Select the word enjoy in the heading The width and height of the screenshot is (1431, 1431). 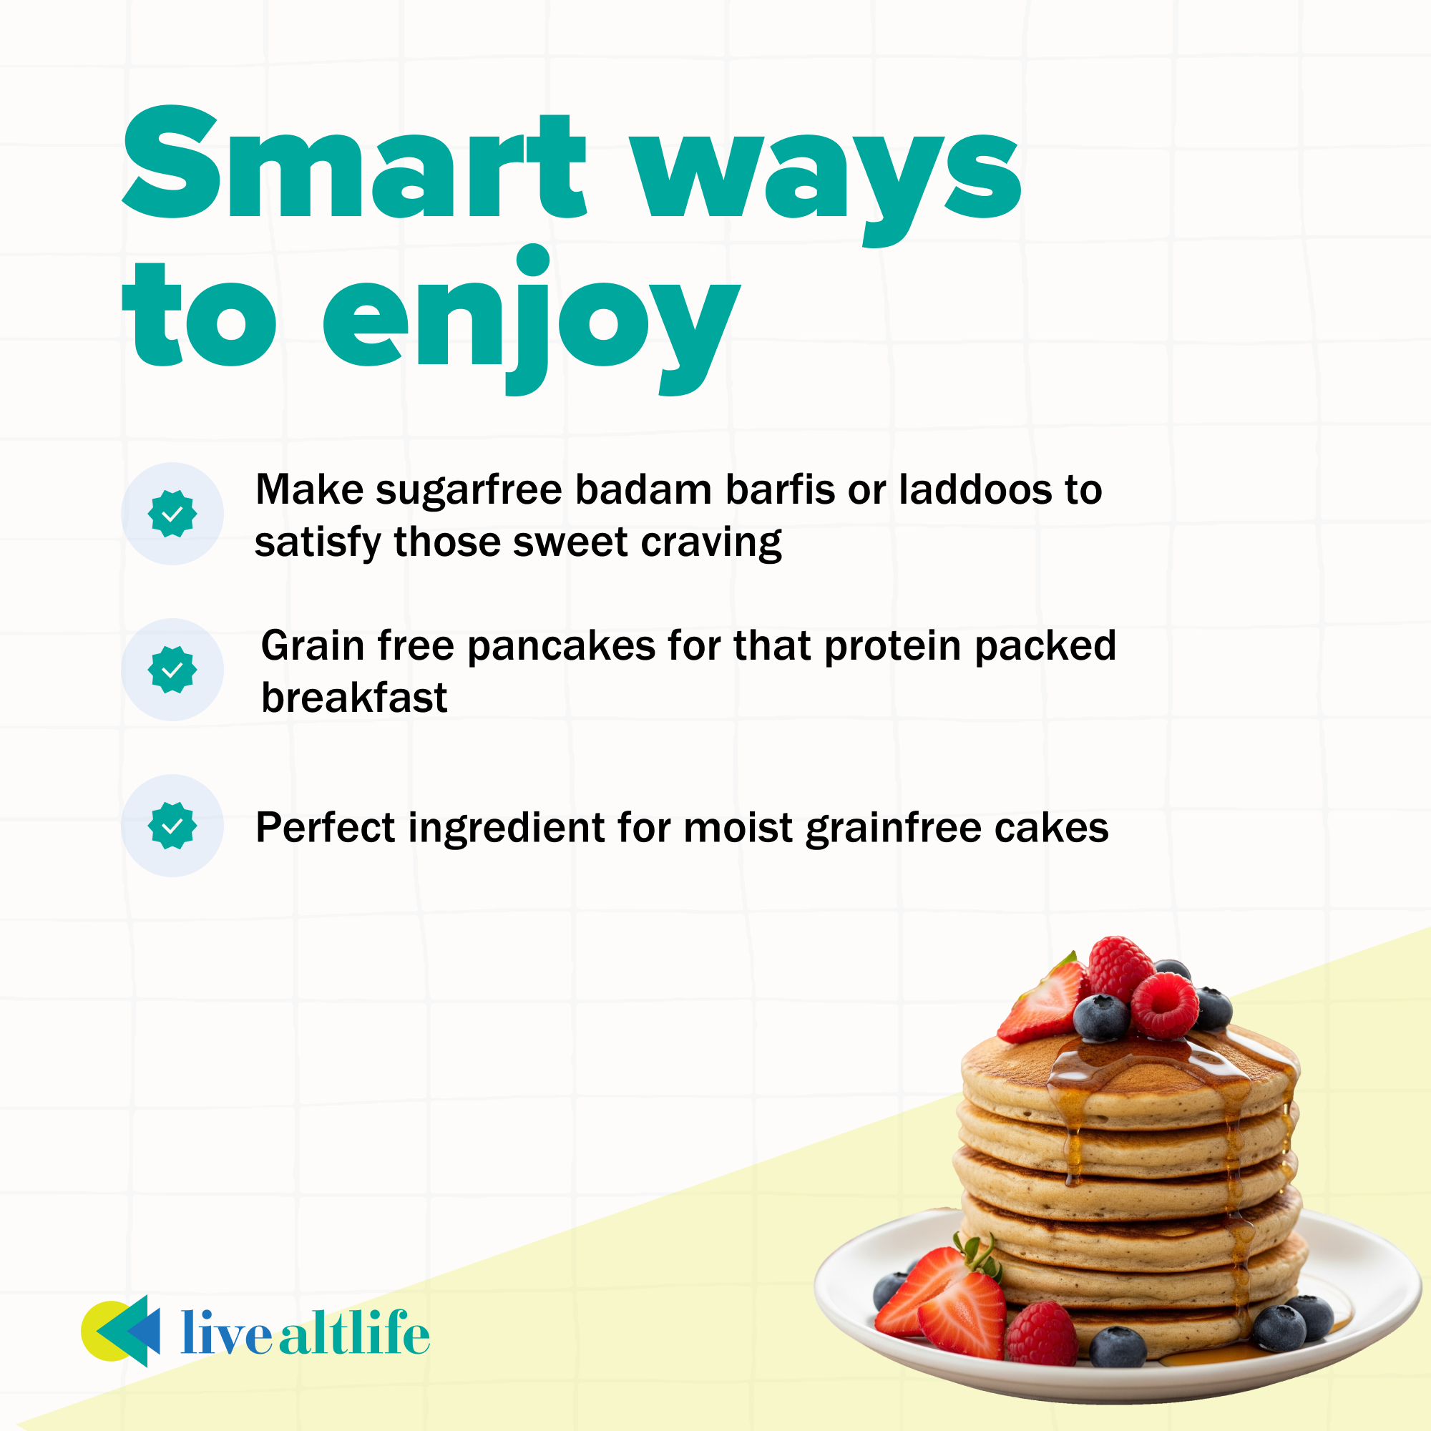[x=532, y=321]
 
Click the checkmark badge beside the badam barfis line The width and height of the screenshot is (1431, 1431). [x=172, y=513]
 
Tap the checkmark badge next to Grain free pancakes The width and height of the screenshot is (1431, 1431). [x=172, y=670]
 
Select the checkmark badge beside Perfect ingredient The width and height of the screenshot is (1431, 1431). [x=172, y=826]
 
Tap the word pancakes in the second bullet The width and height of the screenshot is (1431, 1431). [x=562, y=646]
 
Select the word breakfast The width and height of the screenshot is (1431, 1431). [x=355, y=698]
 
